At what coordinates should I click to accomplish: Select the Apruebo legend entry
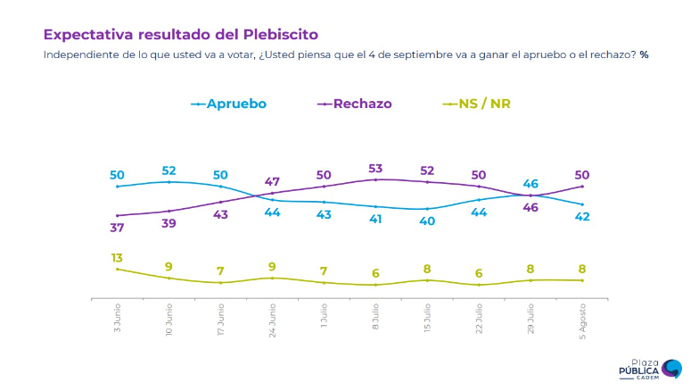[x=235, y=104]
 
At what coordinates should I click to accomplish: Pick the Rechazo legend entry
[x=361, y=104]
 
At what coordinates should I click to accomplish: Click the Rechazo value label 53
[x=375, y=168]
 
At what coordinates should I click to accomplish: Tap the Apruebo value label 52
[x=169, y=171]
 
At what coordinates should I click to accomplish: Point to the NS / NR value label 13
[x=117, y=257]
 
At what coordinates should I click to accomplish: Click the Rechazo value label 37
[x=117, y=227]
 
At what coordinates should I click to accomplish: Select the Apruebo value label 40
[x=427, y=220]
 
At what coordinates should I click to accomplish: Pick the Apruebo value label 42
[x=582, y=216]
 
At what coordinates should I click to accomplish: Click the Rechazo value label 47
[x=272, y=181]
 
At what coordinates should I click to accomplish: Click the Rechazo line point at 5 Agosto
[x=582, y=186]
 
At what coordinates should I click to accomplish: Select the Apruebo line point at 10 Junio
[x=169, y=181]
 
